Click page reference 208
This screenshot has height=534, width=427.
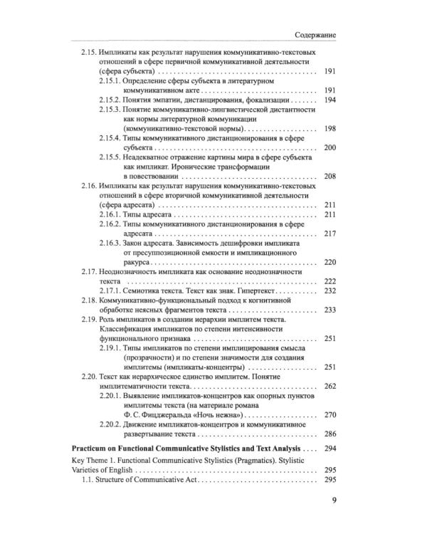(330, 176)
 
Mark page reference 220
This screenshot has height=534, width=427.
(330, 262)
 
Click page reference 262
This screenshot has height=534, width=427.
(330, 387)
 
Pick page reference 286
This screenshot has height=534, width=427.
(330, 434)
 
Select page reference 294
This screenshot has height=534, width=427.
(330, 450)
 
